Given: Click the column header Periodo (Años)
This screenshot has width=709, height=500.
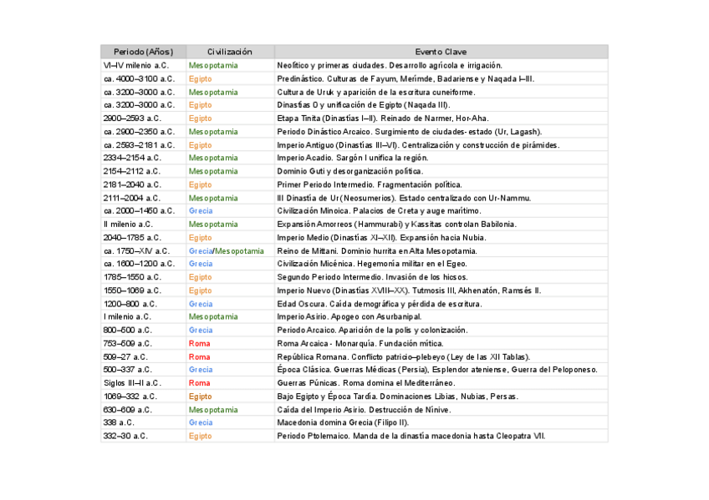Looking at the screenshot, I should click(x=143, y=52).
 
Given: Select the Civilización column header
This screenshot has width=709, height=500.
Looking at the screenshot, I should click(x=229, y=52).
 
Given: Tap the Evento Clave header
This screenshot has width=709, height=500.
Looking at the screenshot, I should click(x=441, y=52).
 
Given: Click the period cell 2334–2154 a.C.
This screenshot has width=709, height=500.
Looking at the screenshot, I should click(x=132, y=158).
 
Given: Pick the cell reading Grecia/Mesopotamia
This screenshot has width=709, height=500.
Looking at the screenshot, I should click(x=226, y=250).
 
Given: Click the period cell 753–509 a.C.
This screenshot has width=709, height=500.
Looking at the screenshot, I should click(x=128, y=343).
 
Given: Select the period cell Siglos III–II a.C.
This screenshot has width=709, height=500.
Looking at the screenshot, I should click(x=132, y=383).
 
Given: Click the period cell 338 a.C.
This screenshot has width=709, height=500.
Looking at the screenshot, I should click(x=120, y=422).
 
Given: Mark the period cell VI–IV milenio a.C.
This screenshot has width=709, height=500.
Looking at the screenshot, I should click(x=136, y=65).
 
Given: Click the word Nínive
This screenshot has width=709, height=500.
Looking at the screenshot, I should click(x=438, y=410).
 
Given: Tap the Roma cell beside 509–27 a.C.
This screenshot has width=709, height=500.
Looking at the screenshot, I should click(x=199, y=356).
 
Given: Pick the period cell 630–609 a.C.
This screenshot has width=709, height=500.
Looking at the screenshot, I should click(x=128, y=410).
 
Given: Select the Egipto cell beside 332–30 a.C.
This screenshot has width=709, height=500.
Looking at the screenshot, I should click(x=201, y=436).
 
